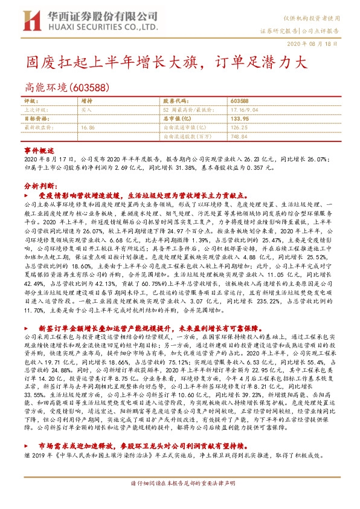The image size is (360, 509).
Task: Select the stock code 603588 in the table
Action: point(240,101)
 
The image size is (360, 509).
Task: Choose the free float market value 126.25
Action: point(239,128)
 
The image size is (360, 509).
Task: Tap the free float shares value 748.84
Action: point(239,137)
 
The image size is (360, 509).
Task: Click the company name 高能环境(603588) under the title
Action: point(68,86)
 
